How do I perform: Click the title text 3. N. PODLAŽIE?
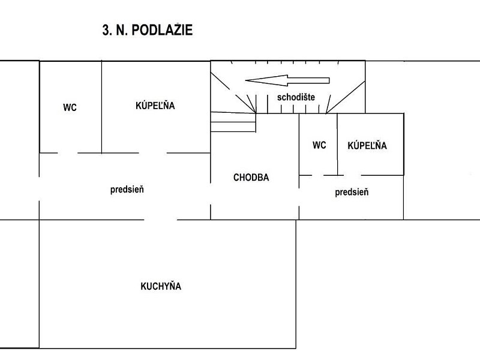coord(147,30)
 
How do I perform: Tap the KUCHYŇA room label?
coord(161,286)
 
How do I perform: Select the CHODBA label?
coord(251,177)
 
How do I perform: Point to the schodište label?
coord(296,97)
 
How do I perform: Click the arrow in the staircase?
coord(287,80)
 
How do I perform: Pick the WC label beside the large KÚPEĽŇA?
coord(70,107)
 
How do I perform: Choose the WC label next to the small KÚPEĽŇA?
coord(319,145)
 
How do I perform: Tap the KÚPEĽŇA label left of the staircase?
coord(155,106)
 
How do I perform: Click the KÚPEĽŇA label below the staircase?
coord(367,145)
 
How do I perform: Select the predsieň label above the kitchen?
coord(127,190)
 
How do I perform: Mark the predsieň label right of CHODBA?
coord(352,192)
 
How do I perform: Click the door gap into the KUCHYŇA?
coord(160,220)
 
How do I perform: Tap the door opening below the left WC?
coord(67,153)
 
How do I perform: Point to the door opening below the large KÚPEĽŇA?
coord(153,153)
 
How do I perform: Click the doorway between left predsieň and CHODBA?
coord(211,194)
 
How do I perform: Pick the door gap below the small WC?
coord(318,175)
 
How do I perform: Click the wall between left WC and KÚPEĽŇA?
coord(101,107)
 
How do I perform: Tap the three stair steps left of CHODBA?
coord(233,122)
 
